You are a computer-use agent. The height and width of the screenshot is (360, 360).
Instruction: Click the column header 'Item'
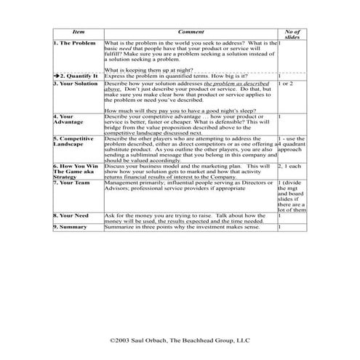click(x=78, y=33)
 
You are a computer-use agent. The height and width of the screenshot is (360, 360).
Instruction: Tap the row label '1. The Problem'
click(x=75, y=44)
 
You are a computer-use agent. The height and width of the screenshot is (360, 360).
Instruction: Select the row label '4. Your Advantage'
click(x=68, y=119)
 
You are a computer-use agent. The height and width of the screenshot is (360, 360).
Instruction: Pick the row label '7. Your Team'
click(x=71, y=182)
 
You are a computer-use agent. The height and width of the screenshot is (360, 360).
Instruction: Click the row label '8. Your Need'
click(x=71, y=216)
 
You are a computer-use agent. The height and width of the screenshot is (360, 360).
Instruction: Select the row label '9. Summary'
click(x=70, y=227)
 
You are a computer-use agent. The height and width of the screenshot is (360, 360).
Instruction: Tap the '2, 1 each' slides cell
click(x=289, y=166)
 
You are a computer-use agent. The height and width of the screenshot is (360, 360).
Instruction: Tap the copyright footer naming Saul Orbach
click(x=179, y=339)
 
